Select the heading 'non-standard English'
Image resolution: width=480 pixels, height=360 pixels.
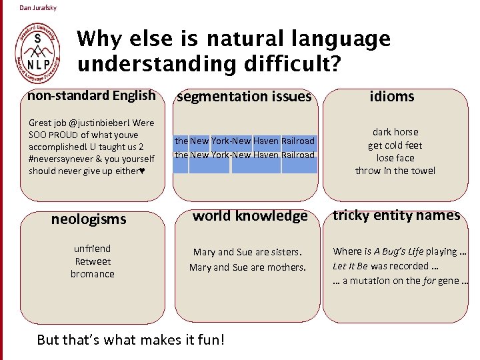coord(91,95)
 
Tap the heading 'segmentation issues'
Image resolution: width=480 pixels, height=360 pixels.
coord(243,97)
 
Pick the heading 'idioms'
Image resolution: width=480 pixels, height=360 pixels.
coord(392,97)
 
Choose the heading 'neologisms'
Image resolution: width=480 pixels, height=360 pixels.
coord(89,219)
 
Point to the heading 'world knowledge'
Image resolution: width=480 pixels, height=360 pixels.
coord(250,216)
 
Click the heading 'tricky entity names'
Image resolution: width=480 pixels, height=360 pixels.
coord(396,215)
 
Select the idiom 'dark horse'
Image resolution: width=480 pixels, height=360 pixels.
coord(395,132)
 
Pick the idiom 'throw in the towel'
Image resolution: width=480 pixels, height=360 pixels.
coord(395,171)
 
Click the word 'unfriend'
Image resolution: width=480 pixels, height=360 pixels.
coord(92,249)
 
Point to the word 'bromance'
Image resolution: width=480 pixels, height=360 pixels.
coord(92,274)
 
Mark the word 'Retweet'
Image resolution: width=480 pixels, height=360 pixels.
coord(93,261)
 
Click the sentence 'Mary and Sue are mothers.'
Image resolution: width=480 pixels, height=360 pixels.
coord(247,267)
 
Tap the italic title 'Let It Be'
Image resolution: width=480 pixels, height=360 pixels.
coord(351,266)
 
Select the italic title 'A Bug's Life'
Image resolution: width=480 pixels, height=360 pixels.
coord(399,251)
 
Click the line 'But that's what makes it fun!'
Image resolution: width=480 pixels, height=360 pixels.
coord(131,340)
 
